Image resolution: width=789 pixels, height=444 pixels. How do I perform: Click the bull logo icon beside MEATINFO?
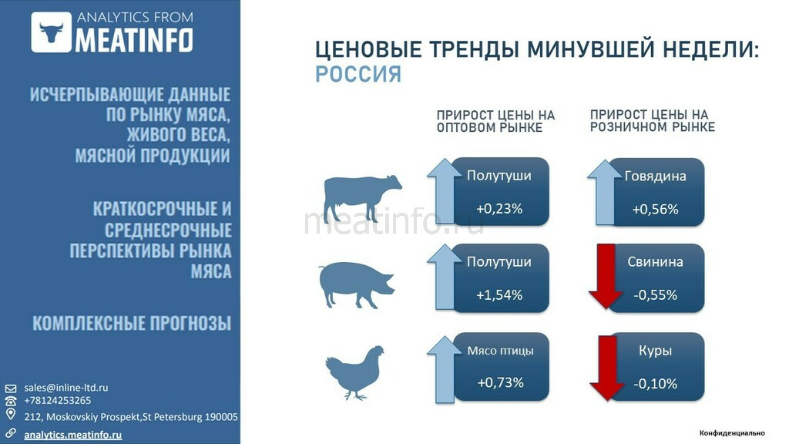51,32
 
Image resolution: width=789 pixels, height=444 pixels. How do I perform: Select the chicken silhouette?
354,372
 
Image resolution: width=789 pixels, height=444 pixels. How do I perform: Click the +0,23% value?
499,208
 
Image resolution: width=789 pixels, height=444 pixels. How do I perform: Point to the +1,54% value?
499,294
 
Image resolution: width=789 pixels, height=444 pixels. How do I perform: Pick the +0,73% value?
500,382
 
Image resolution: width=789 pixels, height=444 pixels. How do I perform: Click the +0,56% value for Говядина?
655,209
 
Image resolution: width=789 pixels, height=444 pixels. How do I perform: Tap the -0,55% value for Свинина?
655,295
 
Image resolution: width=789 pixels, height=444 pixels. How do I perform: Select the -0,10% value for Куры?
655,384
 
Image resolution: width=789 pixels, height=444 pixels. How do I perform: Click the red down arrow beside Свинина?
606,276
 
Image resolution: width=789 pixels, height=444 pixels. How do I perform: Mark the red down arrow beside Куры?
607,368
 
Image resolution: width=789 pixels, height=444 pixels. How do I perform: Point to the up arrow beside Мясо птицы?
445,370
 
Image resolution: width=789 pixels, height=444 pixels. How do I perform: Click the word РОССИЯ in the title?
358,75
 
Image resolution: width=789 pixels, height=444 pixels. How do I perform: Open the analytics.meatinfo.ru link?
73,435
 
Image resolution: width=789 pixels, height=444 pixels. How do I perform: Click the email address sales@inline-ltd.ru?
66,388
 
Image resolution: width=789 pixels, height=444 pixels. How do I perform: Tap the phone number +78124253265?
57,401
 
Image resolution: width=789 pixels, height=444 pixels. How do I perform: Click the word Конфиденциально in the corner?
732,433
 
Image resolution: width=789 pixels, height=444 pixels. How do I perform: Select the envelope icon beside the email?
11,388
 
